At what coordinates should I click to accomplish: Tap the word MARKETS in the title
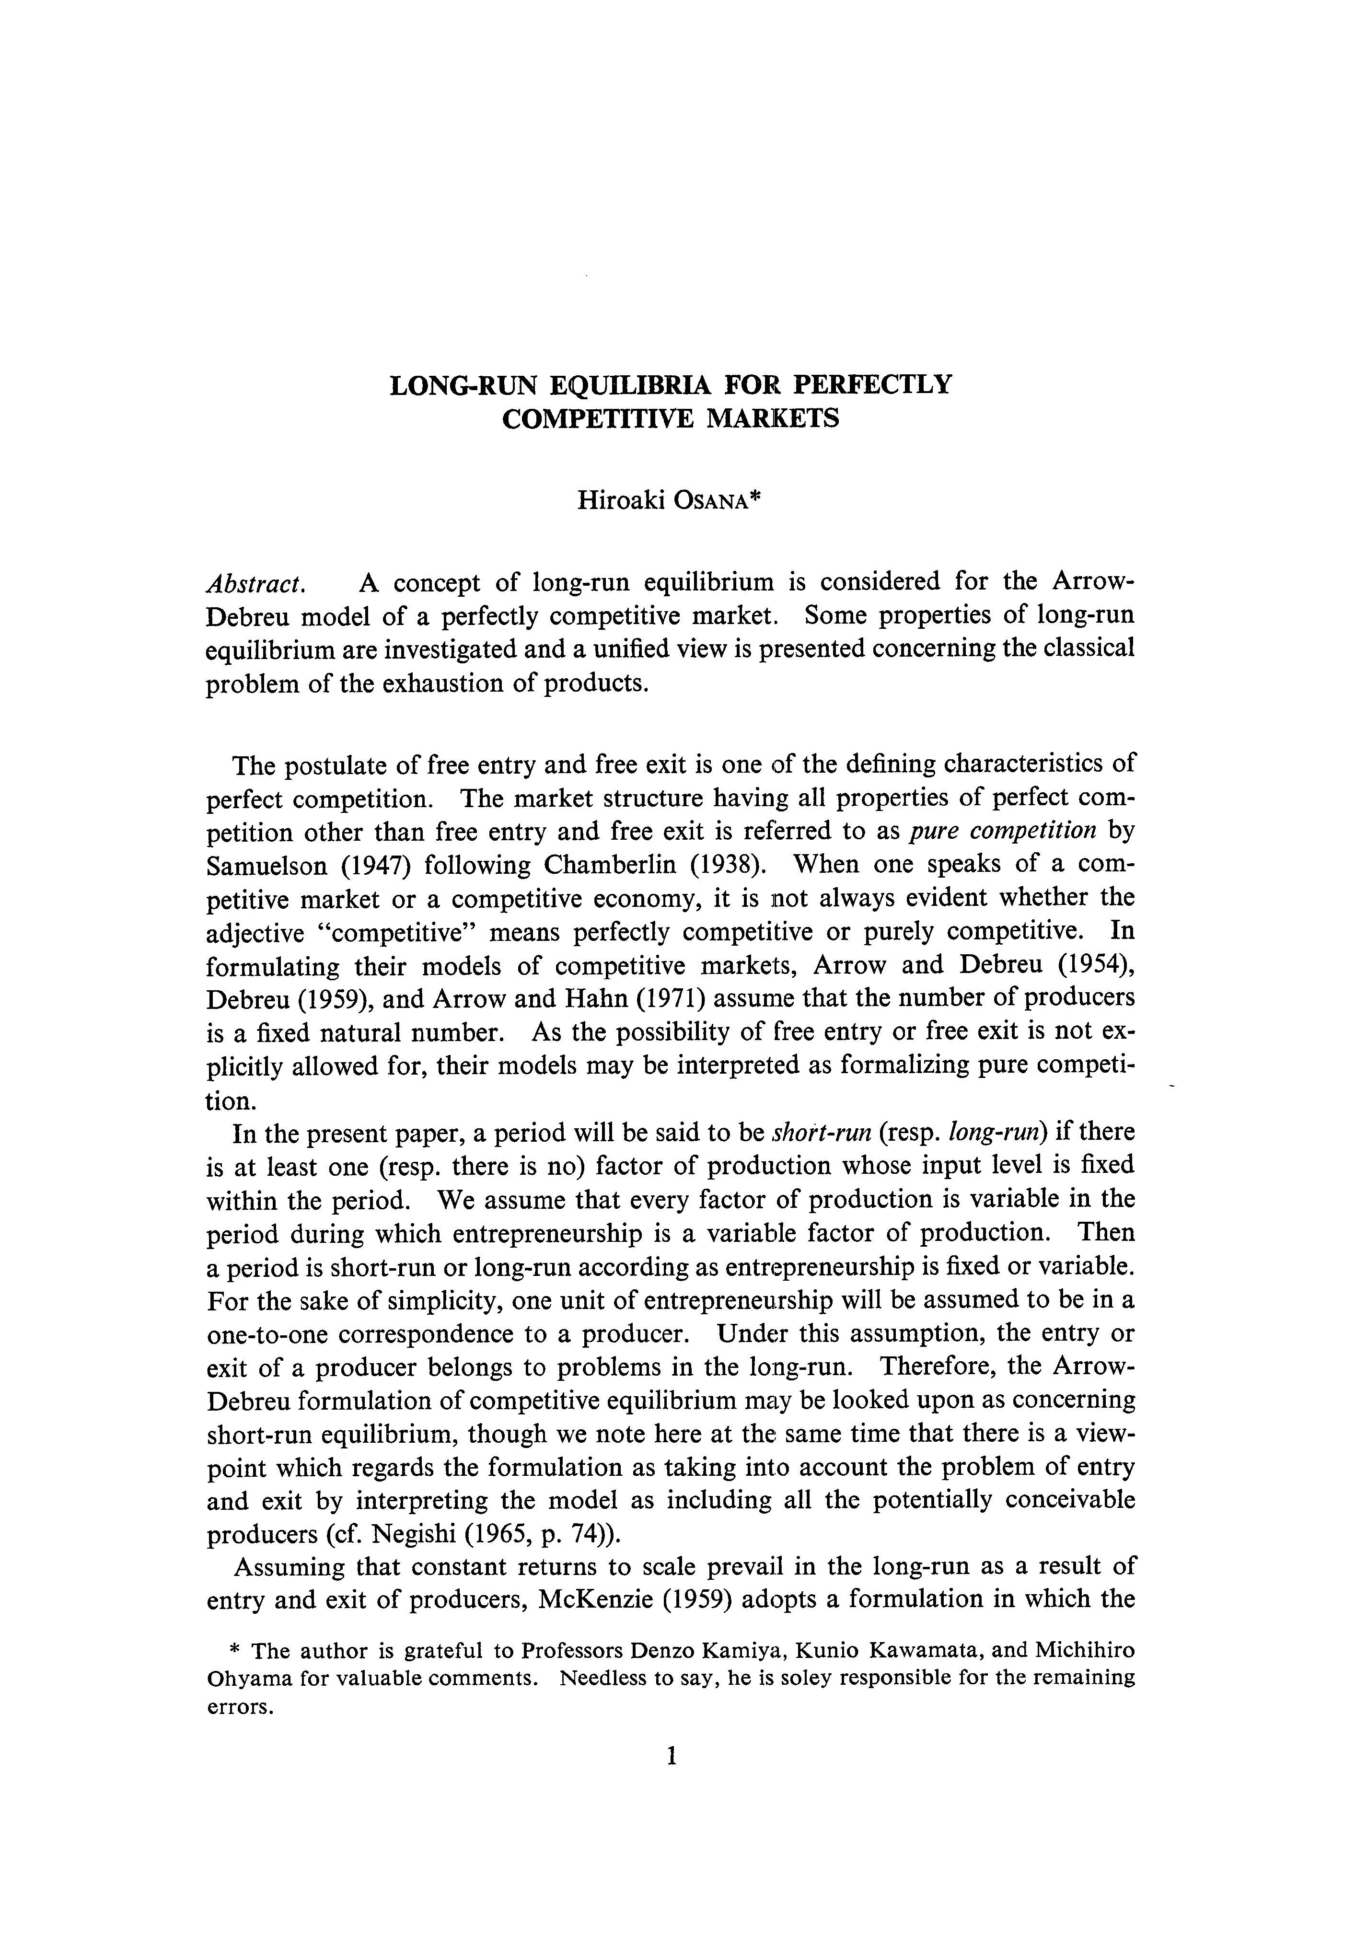(772, 418)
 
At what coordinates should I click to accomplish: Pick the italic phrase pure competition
(1004, 832)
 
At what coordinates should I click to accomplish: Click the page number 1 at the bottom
(672, 1755)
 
